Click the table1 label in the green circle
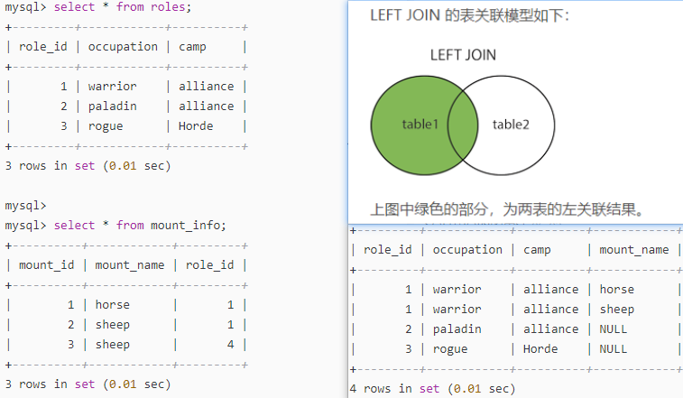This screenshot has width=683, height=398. (420, 125)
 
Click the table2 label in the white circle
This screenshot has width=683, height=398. (511, 125)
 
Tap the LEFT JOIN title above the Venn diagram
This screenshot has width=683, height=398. (463, 55)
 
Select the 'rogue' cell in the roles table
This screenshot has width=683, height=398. (106, 125)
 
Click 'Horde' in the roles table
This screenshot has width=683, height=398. (197, 125)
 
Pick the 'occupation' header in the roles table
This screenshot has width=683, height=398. (123, 46)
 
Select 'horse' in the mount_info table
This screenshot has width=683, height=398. (113, 305)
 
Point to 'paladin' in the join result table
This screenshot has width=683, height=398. (457, 329)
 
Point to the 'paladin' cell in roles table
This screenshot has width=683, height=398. (113, 106)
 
